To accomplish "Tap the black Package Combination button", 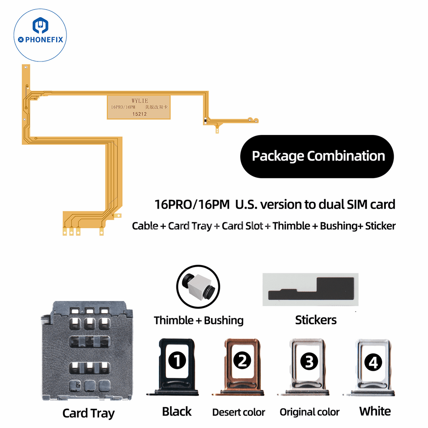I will coord(317,156).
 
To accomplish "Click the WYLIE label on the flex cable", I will coord(140,101).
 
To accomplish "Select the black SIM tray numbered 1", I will coord(176,367).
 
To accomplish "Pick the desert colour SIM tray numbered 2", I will coord(242,367).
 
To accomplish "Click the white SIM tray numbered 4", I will coord(373,367).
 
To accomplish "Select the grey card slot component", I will coord(87,350).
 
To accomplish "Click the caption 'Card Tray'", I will coord(88,413).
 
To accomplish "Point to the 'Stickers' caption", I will coord(316,320).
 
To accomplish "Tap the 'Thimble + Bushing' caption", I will coord(199,321).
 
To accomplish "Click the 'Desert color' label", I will coord(238,412).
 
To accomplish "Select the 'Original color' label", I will coord(309,412).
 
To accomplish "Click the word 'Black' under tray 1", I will coord(177,411).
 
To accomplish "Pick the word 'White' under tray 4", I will coord(375,411).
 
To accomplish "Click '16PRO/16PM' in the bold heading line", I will coord(192,205).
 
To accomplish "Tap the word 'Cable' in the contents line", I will coord(145,226).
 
